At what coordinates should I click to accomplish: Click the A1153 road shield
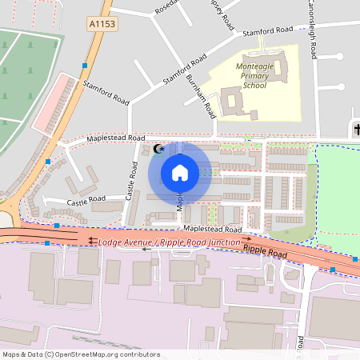coord(102,25)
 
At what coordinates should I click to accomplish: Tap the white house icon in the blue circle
coord(180,173)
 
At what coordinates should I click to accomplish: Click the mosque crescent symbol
coord(158,148)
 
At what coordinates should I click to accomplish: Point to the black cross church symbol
coord(356,130)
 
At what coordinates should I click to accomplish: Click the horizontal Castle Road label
coord(86,198)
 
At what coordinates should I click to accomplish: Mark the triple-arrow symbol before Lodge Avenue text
coord(93,241)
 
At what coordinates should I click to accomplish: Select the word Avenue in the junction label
coord(140,241)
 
